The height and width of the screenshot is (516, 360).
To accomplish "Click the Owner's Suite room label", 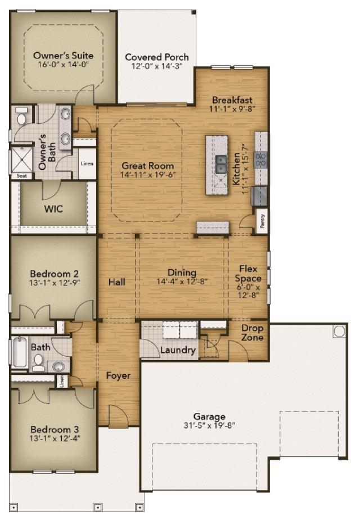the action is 63,55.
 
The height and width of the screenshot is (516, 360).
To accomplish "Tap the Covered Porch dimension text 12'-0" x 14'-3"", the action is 157,66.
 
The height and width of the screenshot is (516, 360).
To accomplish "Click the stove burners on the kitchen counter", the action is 261,160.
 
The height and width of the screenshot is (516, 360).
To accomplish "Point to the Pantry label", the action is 262,221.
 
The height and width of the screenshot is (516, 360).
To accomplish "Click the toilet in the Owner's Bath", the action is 22,115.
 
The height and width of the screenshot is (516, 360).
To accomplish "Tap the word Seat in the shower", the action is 22,176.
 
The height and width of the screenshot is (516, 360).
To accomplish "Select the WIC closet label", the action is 53,209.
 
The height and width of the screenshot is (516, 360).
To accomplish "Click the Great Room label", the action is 147,166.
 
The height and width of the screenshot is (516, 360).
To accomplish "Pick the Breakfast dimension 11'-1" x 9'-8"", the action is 233,109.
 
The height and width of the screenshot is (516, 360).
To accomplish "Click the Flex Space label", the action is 248,273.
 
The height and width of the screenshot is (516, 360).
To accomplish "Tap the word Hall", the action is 117,282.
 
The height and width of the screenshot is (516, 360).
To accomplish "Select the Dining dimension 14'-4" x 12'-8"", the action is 182,281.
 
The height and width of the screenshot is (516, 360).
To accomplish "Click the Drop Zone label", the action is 253,333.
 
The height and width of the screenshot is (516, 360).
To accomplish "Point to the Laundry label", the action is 178,350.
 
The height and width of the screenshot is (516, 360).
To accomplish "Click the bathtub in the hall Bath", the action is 20,352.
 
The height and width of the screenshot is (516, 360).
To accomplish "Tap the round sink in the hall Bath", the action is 58,367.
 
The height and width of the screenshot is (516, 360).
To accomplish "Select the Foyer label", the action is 118,376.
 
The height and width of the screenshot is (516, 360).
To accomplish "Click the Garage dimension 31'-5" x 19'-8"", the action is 209,425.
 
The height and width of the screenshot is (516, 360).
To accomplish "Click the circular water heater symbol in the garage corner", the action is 339,331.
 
